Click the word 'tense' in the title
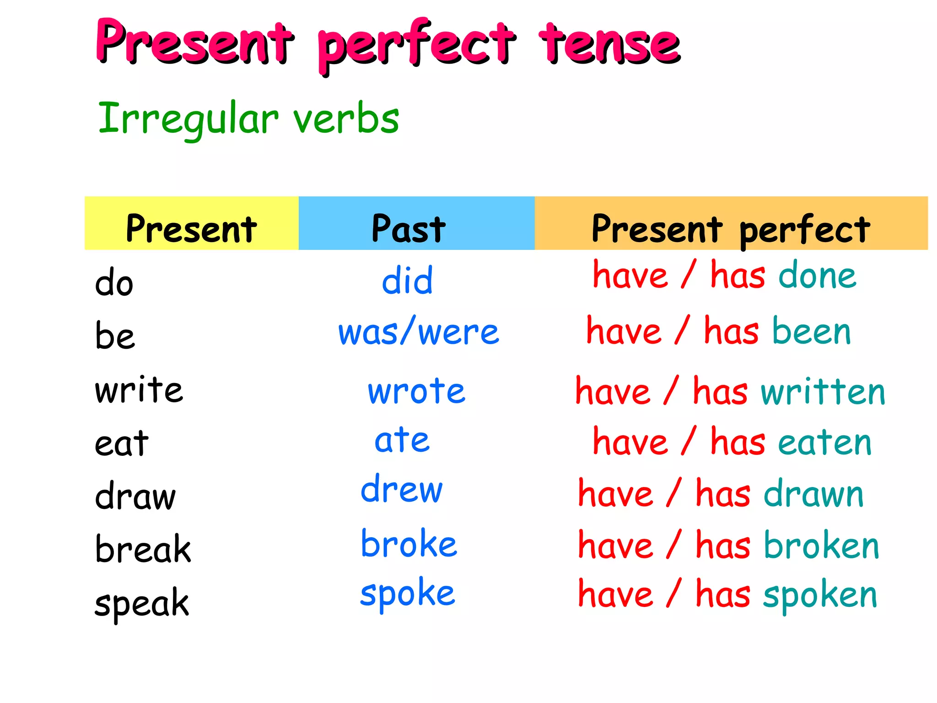pyautogui.click(x=610, y=44)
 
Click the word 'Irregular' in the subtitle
pyautogui.click(x=188, y=119)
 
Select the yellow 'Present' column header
pyautogui.click(x=191, y=227)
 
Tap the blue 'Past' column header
pyautogui.click(x=408, y=227)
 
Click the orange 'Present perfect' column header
pyautogui.click(x=731, y=227)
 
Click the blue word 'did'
pyautogui.click(x=407, y=281)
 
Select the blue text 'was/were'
pyautogui.click(x=418, y=332)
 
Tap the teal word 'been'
pyautogui.click(x=812, y=331)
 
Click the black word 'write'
pyautogui.click(x=139, y=390)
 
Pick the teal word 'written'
pyautogui.click(x=823, y=392)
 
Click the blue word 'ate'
pyautogui.click(x=402, y=440)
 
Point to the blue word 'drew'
pyautogui.click(x=402, y=489)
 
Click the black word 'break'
pyautogui.click(x=143, y=549)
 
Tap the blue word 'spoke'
pyautogui.click(x=407, y=594)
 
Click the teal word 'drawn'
pyautogui.click(x=813, y=494)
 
